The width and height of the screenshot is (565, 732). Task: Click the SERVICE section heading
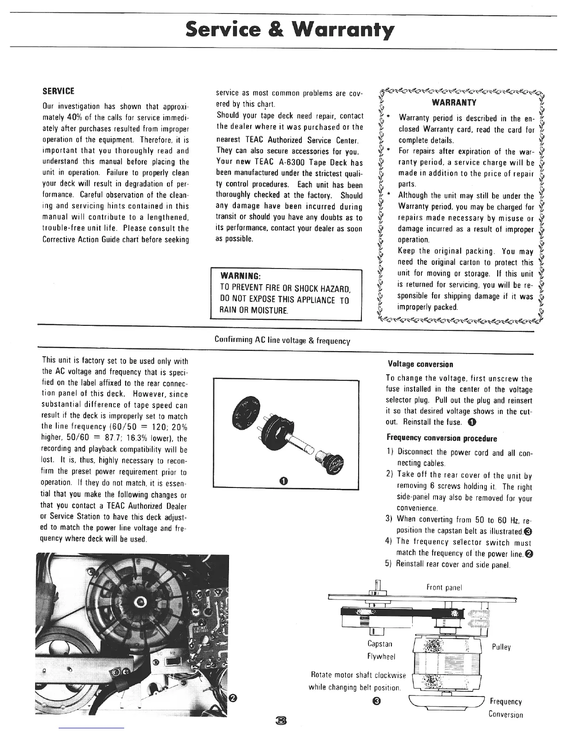point(59,91)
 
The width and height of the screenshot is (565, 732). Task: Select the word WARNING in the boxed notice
point(241,276)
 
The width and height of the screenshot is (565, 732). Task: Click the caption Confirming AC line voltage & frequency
point(282,341)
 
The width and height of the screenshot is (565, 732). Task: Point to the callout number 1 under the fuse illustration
point(283,481)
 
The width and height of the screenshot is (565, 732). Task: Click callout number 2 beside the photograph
point(234,697)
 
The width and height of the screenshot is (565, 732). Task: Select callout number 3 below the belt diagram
point(377,702)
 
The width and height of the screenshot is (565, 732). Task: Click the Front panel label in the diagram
point(444,587)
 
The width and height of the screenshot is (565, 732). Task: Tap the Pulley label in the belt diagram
point(501,647)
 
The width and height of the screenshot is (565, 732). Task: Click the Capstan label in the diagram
point(380,644)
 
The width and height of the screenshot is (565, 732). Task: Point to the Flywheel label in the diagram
point(381,656)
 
